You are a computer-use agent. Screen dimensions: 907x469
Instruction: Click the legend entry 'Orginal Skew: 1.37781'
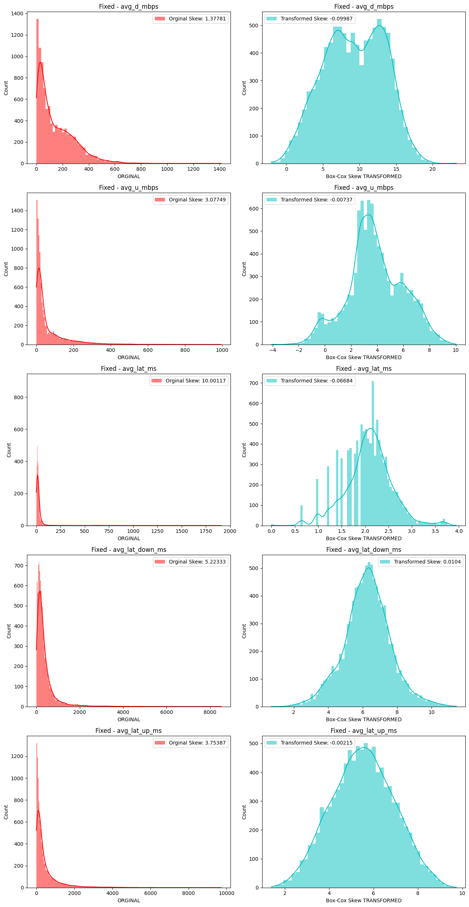[x=190, y=19]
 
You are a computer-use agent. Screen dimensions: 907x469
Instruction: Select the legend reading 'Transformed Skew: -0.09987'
[x=310, y=19]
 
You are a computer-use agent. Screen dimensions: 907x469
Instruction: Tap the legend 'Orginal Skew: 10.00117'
[x=189, y=381]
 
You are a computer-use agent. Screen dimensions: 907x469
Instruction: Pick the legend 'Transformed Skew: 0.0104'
[x=421, y=562]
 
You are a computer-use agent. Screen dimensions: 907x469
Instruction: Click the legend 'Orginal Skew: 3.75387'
[x=190, y=743]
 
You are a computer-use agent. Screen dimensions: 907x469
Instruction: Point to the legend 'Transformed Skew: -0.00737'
[x=310, y=200]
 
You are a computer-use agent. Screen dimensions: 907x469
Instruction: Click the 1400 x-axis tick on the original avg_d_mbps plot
[x=220, y=169]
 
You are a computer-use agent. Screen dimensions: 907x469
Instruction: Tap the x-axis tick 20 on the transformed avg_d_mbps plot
[x=432, y=169]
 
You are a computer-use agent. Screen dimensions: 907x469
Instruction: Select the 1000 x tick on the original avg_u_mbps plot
[x=222, y=350]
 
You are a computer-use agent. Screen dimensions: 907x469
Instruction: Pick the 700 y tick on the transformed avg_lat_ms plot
[x=254, y=383]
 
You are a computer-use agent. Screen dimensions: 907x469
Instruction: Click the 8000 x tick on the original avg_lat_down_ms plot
[x=210, y=712]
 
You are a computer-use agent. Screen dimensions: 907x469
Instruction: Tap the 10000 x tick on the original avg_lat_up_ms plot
[x=227, y=893]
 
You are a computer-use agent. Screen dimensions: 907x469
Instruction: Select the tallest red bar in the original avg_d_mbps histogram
[x=38, y=91]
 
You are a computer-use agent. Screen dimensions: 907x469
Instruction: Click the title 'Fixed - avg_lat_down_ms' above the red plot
[x=129, y=550]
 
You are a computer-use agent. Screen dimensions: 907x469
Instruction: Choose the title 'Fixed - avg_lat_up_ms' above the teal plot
[x=363, y=731]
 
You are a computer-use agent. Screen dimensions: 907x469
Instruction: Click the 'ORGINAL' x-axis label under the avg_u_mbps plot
[x=129, y=357]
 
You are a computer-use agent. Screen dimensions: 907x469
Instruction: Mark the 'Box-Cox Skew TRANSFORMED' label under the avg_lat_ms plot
[x=363, y=538]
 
